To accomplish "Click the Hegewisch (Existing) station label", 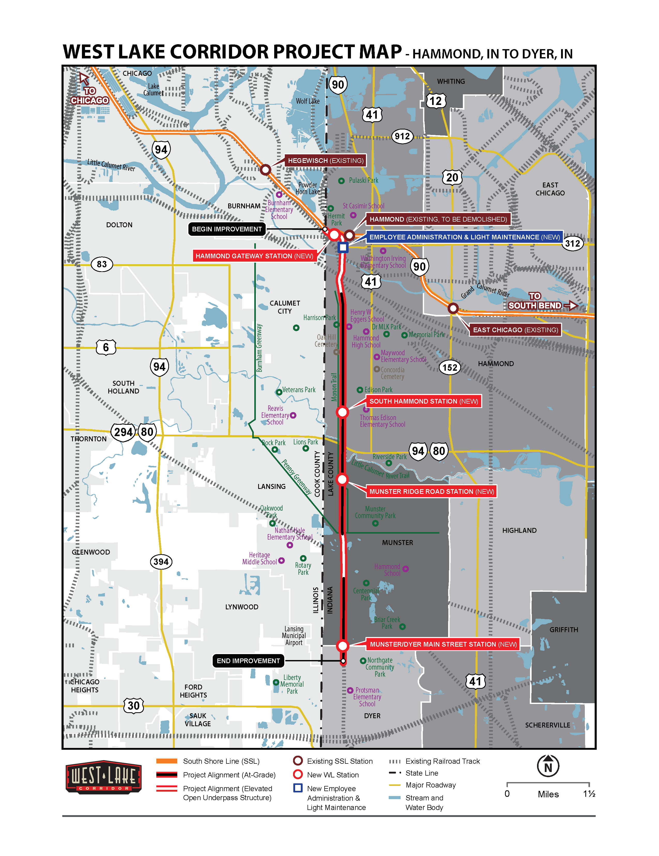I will click(325, 160).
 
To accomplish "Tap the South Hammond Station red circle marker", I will click(342, 412).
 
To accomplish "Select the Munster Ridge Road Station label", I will click(431, 491).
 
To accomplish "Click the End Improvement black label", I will click(248, 661).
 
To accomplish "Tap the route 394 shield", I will click(161, 562).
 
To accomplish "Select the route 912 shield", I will click(402, 137).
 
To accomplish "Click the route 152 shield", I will click(449, 367).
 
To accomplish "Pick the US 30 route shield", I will click(134, 706).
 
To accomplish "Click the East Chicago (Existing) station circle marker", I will click(453, 308).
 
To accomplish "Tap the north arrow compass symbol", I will click(548, 766).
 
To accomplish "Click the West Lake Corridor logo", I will click(103, 777).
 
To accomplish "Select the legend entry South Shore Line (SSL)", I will click(221, 761).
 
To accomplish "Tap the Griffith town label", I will click(563, 630).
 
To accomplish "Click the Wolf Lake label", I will click(308, 101).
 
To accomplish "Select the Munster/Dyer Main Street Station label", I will click(443, 644).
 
